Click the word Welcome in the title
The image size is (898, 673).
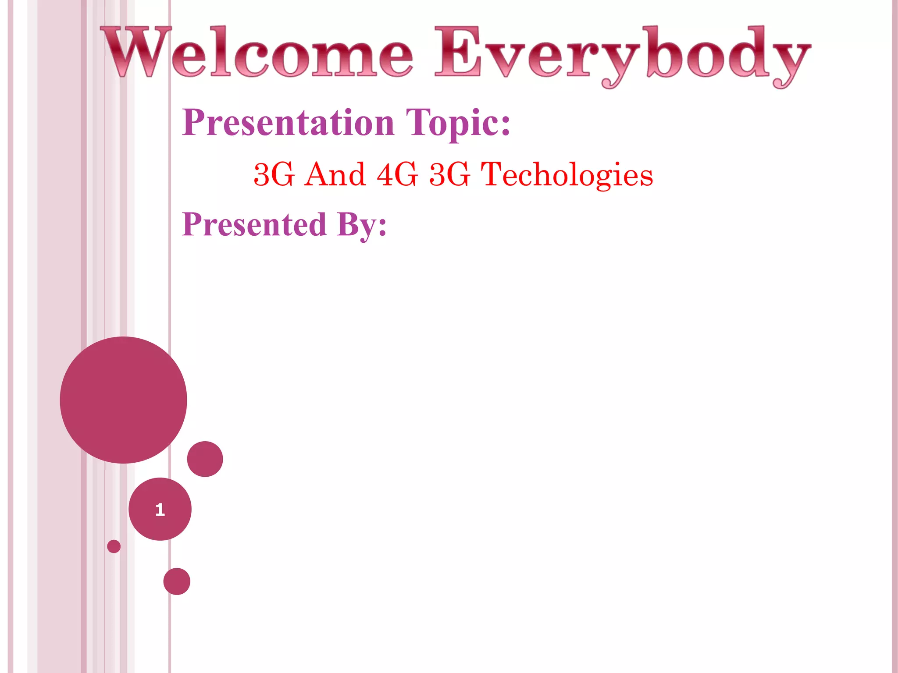point(257,53)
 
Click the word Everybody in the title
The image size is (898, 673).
point(623,55)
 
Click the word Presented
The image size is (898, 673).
point(254,224)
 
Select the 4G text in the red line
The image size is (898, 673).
point(397,174)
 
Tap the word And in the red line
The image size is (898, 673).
point(335,174)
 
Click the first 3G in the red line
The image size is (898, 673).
point(274,174)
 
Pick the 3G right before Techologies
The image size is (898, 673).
point(450,174)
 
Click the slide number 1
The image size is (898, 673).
point(160,510)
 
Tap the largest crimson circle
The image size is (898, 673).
point(124,400)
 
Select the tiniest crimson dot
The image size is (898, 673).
point(114,546)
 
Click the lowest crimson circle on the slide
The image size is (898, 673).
point(177,581)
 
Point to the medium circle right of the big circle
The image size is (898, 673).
point(205,459)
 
